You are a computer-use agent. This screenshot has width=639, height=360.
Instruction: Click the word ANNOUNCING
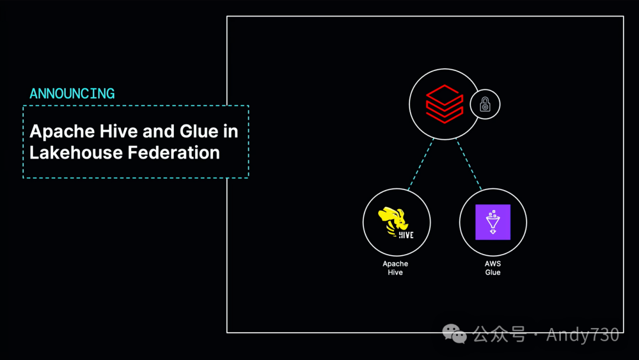click(x=72, y=94)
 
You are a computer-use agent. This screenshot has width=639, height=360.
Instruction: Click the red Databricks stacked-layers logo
click(x=444, y=105)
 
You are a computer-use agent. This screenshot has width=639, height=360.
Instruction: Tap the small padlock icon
click(x=485, y=105)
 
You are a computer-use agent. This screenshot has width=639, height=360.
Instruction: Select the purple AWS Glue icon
click(x=493, y=222)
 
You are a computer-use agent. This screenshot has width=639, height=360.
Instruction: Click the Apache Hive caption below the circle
click(x=395, y=268)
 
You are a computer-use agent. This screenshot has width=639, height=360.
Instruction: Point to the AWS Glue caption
click(x=493, y=268)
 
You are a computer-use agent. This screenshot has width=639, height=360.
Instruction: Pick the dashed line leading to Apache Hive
click(x=421, y=164)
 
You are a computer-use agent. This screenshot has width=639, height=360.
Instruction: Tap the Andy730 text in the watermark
click(x=582, y=335)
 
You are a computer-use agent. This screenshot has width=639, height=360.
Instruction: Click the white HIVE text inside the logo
click(x=406, y=234)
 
